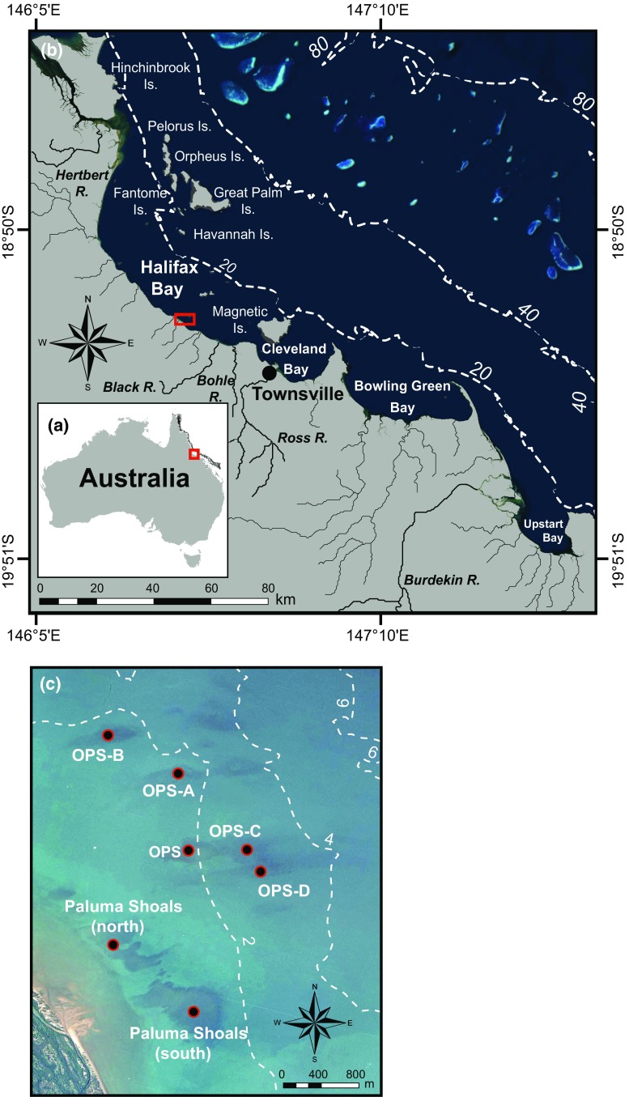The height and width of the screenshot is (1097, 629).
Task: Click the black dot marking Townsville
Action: (270, 372)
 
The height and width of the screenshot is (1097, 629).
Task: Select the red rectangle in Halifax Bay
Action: (185, 319)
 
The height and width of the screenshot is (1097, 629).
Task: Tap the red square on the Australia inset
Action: (193, 453)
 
